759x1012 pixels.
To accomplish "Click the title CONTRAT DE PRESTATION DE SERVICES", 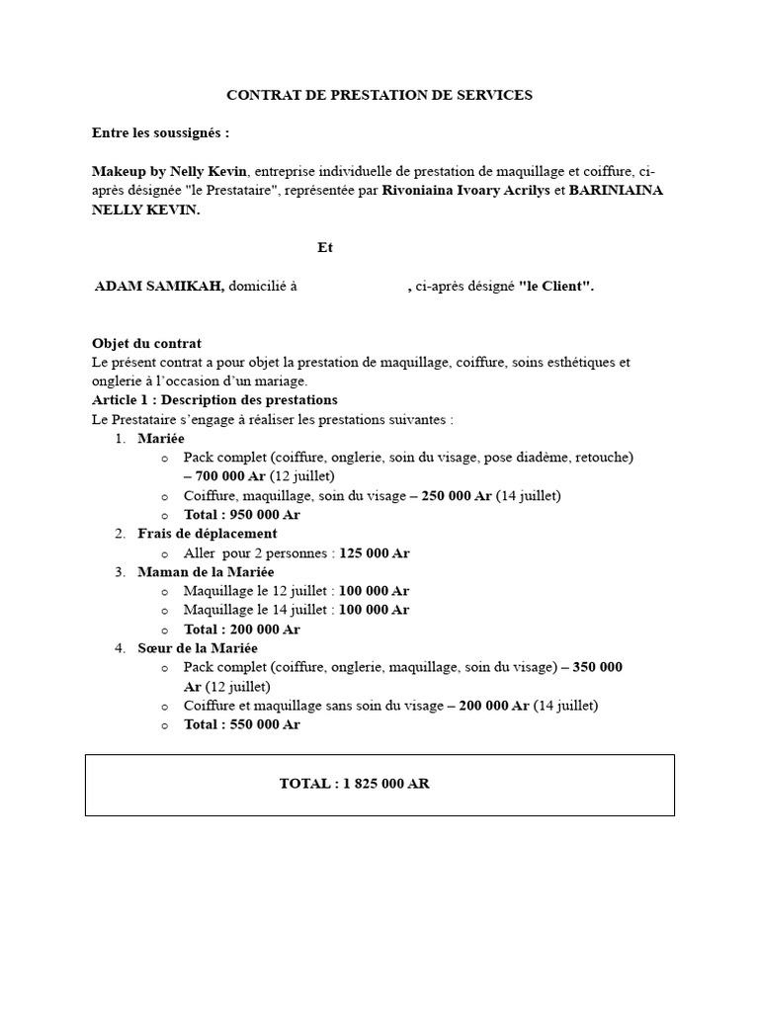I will pyautogui.click(x=379, y=95).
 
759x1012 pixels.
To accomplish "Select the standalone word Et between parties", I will pyautogui.click(x=325, y=247).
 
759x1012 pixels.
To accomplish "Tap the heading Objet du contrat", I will pyautogui.click(x=146, y=343).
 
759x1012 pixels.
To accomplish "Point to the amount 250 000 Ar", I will pyautogui.click(x=456, y=495).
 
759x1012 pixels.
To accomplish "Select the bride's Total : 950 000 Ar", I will pyautogui.click(x=242, y=514).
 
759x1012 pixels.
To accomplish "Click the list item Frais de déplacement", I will pyautogui.click(x=208, y=534).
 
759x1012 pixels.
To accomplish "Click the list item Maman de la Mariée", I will pyautogui.click(x=207, y=571).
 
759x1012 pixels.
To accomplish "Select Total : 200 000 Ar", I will pyautogui.click(x=242, y=629).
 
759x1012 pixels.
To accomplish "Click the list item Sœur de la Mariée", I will pyautogui.click(x=198, y=647).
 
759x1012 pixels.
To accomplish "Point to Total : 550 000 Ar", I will pyautogui.click(x=242, y=724).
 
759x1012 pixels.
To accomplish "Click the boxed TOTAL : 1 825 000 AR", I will pyautogui.click(x=354, y=784).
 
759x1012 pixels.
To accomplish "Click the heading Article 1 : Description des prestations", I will pyautogui.click(x=214, y=400).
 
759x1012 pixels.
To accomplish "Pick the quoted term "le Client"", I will pyautogui.click(x=556, y=286).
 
